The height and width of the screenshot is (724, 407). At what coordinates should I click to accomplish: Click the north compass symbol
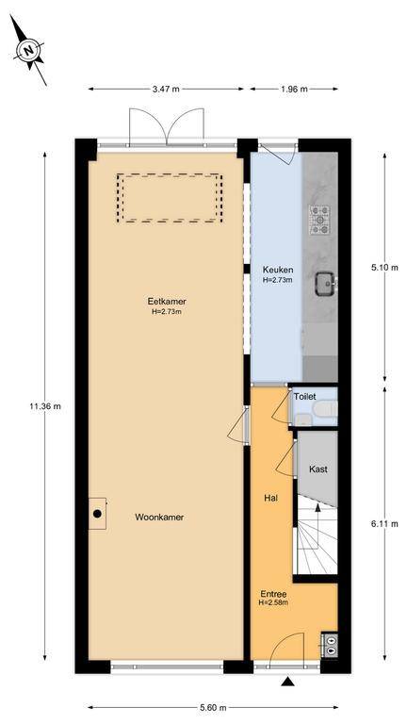[x=28, y=50]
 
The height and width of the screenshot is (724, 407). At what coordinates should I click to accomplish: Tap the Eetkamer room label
[x=167, y=302]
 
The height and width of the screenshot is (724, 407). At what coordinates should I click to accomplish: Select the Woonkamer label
[x=159, y=518]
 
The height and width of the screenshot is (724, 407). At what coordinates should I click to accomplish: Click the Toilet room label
[x=305, y=396]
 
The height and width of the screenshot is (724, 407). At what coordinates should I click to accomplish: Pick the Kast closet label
[x=318, y=469]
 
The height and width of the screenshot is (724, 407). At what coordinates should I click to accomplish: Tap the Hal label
[x=270, y=498]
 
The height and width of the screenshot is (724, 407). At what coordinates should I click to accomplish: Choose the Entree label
[x=273, y=594]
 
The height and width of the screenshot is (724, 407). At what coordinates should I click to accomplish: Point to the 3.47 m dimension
[x=166, y=90]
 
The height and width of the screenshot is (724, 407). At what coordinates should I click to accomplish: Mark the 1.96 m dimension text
[x=294, y=90]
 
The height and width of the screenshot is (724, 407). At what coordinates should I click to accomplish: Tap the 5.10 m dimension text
[x=384, y=268]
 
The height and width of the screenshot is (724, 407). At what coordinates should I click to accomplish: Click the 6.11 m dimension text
[x=384, y=523]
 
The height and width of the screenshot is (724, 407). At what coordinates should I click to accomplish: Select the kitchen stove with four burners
[x=320, y=220]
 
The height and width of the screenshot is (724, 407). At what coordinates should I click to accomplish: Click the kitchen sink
[x=326, y=284]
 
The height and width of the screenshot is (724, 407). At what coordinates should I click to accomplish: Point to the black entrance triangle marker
[x=288, y=682]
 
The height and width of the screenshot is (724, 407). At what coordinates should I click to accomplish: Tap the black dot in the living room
[x=97, y=514]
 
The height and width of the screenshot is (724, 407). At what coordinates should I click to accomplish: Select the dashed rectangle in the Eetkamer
[x=170, y=198]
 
